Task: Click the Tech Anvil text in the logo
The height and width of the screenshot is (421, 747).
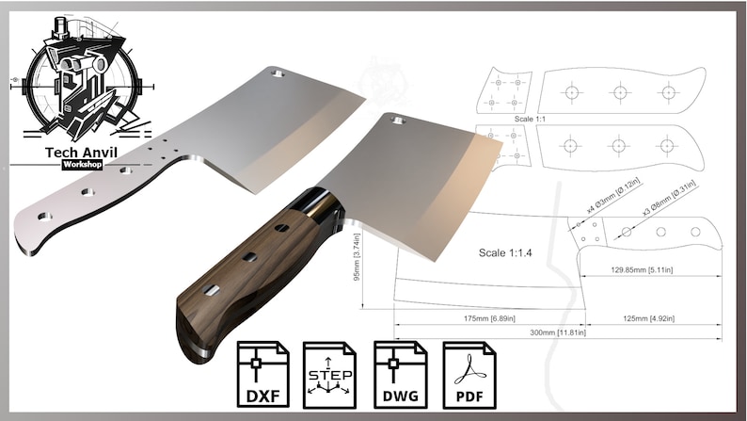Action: point(82,152)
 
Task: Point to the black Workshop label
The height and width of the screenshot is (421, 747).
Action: point(82,165)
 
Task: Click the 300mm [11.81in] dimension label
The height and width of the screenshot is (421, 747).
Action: point(557,332)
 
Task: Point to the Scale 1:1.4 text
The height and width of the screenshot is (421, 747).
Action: point(506,253)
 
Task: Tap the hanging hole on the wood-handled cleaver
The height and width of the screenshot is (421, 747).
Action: point(399,120)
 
